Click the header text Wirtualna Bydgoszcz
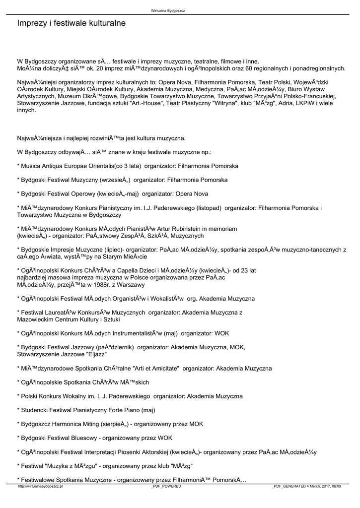coord(168,10)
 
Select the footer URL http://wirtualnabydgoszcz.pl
coord(40,487)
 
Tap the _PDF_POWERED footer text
coord(166,487)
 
